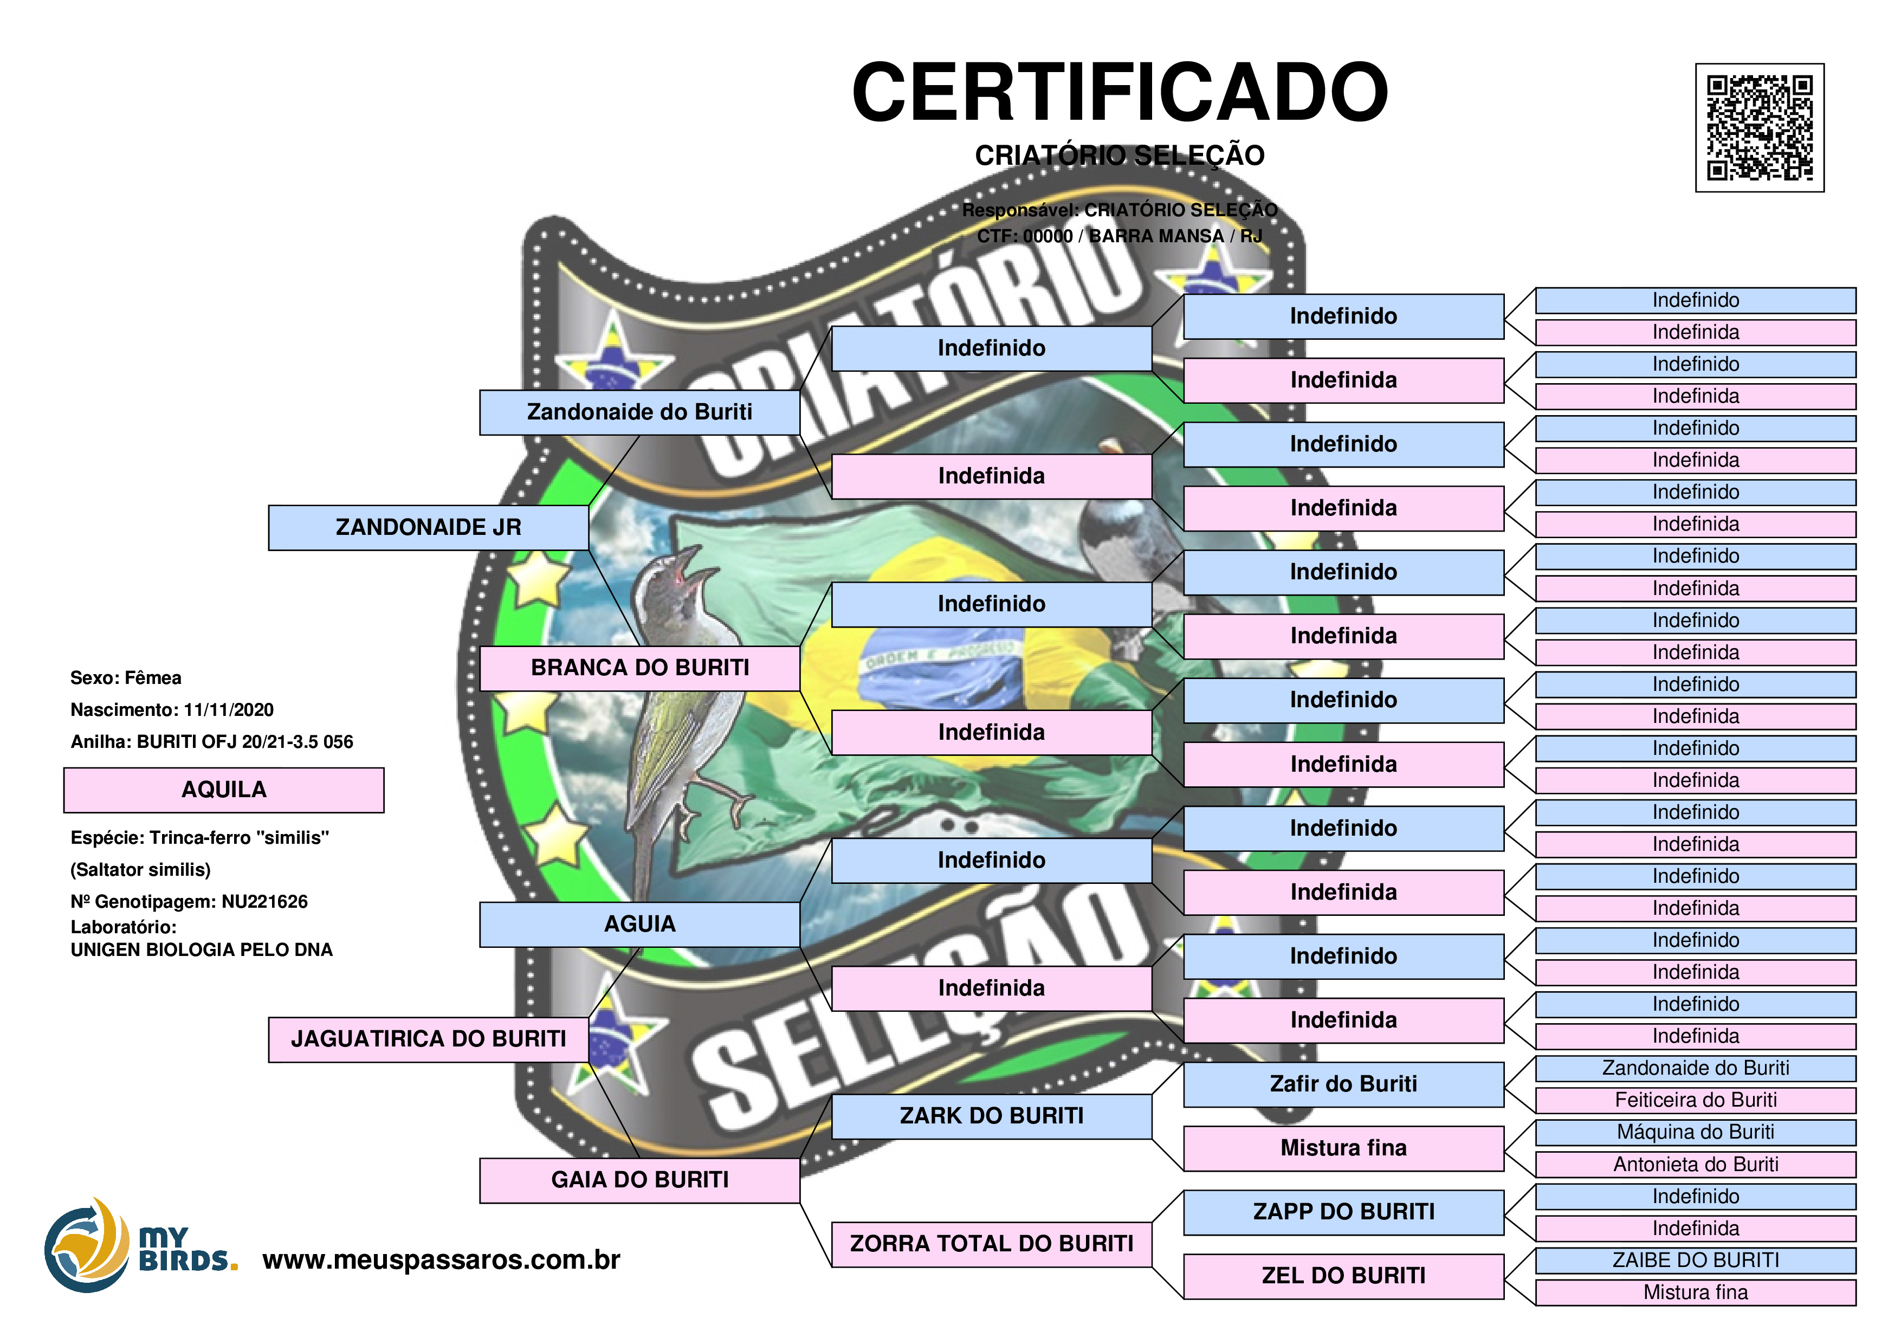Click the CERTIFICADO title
coord(1120,92)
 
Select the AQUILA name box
coord(224,790)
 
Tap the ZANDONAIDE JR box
coord(428,527)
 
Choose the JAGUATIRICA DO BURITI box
coord(428,1039)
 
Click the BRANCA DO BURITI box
coord(639,668)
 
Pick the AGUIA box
coord(639,924)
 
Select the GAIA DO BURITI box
coord(639,1180)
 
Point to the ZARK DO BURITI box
coord(991,1116)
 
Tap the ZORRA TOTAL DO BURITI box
coord(991,1244)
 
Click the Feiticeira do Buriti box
coord(1695,1101)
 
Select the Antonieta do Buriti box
coord(1695,1164)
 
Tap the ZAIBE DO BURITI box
coord(1695,1261)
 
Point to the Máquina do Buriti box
coord(1695,1132)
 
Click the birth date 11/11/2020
coord(229,710)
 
